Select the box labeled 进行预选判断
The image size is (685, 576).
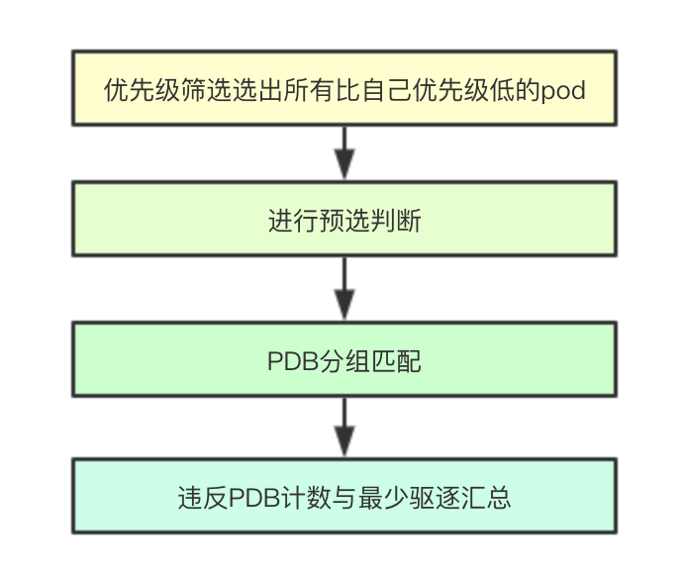pyautogui.click(x=343, y=219)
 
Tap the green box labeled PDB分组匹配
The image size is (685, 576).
pyautogui.click(x=343, y=360)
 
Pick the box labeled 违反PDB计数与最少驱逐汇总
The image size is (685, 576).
pyautogui.click(x=343, y=496)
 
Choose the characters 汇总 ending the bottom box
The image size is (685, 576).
pyautogui.click(x=486, y=497)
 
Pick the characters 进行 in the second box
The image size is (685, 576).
pyautogui.click(x=292, y=221)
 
